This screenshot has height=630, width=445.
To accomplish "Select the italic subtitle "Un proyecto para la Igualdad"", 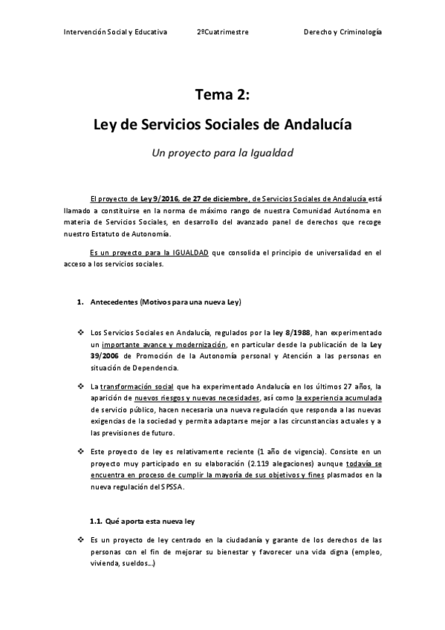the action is (x=222, y=154).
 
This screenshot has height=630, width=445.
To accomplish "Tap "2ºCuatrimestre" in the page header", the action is (x=223, y=33).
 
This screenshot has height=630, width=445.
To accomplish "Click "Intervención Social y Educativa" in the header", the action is (x=115, y=33).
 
